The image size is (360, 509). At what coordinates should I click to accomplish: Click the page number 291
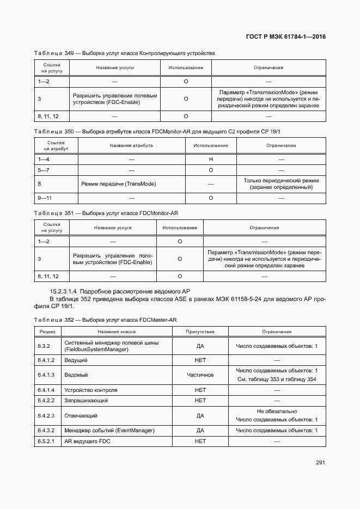(320, 463)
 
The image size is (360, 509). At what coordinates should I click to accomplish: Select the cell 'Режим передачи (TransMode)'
(118, 184)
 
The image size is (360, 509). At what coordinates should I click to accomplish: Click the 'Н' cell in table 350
(210, 158)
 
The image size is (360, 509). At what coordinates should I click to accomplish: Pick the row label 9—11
(44, 198)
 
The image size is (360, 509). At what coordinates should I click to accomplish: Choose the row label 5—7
(44, 170)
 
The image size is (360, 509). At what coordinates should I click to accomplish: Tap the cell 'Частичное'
(200, 375)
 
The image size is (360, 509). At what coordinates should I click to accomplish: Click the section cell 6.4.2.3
(46, 415)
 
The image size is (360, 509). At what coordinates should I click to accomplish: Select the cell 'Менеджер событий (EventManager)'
(108, 431)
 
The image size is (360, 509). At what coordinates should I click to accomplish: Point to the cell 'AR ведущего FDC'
(87, 441)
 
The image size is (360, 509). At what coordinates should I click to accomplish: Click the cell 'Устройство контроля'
(91, 390)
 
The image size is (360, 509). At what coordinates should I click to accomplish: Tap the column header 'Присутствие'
(200, 332)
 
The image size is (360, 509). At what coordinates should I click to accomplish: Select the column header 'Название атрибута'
(131, 145)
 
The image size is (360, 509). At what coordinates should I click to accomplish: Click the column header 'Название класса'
(117, 332)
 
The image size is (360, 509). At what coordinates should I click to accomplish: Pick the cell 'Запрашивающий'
(86, 401)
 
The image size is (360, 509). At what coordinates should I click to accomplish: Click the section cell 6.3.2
(44, 346)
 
